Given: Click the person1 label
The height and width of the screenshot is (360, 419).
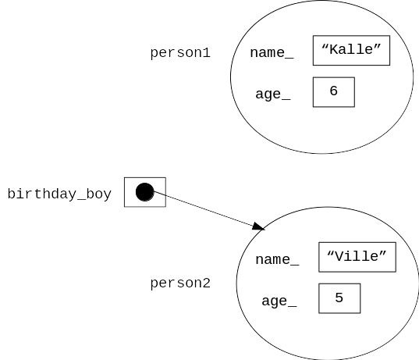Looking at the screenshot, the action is [x=180, y=52].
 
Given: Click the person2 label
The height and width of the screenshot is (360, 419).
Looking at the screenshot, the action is [x=180, y=283].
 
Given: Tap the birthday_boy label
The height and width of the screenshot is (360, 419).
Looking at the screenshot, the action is [x=59, y=194].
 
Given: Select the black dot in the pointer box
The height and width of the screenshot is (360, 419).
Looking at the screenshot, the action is [x=145, y=192].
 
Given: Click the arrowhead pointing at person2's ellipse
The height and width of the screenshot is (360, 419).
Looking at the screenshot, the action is [x=258, y=226].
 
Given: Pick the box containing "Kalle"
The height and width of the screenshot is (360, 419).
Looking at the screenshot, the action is [x=351, y=50].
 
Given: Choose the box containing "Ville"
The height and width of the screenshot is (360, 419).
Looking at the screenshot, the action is [x=357, y=257].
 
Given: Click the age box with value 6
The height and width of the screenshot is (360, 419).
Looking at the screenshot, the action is [x=334, y=92].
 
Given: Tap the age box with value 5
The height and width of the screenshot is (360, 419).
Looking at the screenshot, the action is [x=339, y=298].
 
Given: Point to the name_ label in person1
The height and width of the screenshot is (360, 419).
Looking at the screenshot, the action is [x=272, y=52].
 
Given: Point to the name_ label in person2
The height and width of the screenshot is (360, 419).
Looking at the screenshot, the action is [x=277, y=260].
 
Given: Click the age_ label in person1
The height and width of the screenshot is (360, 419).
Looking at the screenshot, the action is [x=273, y=94].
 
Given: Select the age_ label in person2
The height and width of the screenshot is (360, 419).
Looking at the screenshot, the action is [x=279, y=301].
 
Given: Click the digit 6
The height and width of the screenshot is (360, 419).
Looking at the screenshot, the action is [x=334, y=91].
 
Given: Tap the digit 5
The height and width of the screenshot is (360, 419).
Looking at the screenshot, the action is [x=339, y=298].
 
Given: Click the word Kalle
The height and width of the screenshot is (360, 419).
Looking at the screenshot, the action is [x=351, y=49].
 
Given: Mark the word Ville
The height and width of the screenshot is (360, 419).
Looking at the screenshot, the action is [x=357, y=256].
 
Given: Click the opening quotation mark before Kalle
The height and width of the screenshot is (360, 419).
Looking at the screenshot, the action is [x=325, y=47].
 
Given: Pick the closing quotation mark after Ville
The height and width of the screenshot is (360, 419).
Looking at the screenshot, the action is [x=382, y=254].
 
